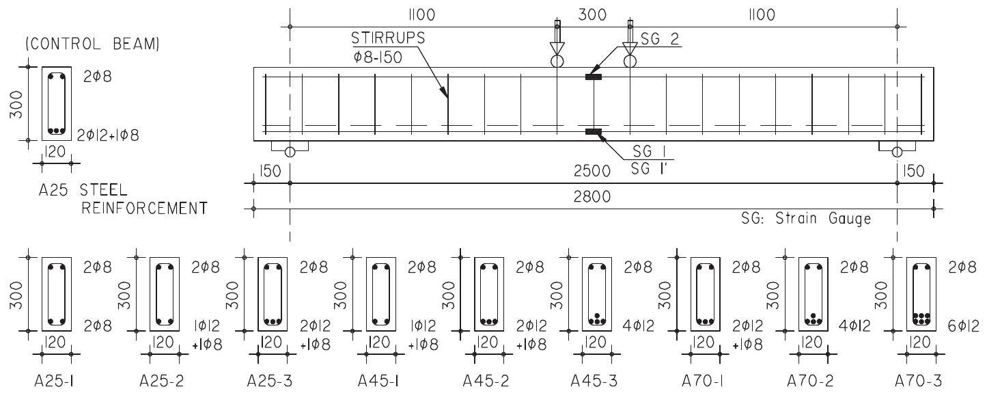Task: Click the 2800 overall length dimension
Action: coord(593,198)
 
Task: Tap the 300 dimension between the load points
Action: coord(593,14)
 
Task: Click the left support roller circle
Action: coord(290,151)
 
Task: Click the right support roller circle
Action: coord(897,151)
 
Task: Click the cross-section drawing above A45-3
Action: coord(598,295)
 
